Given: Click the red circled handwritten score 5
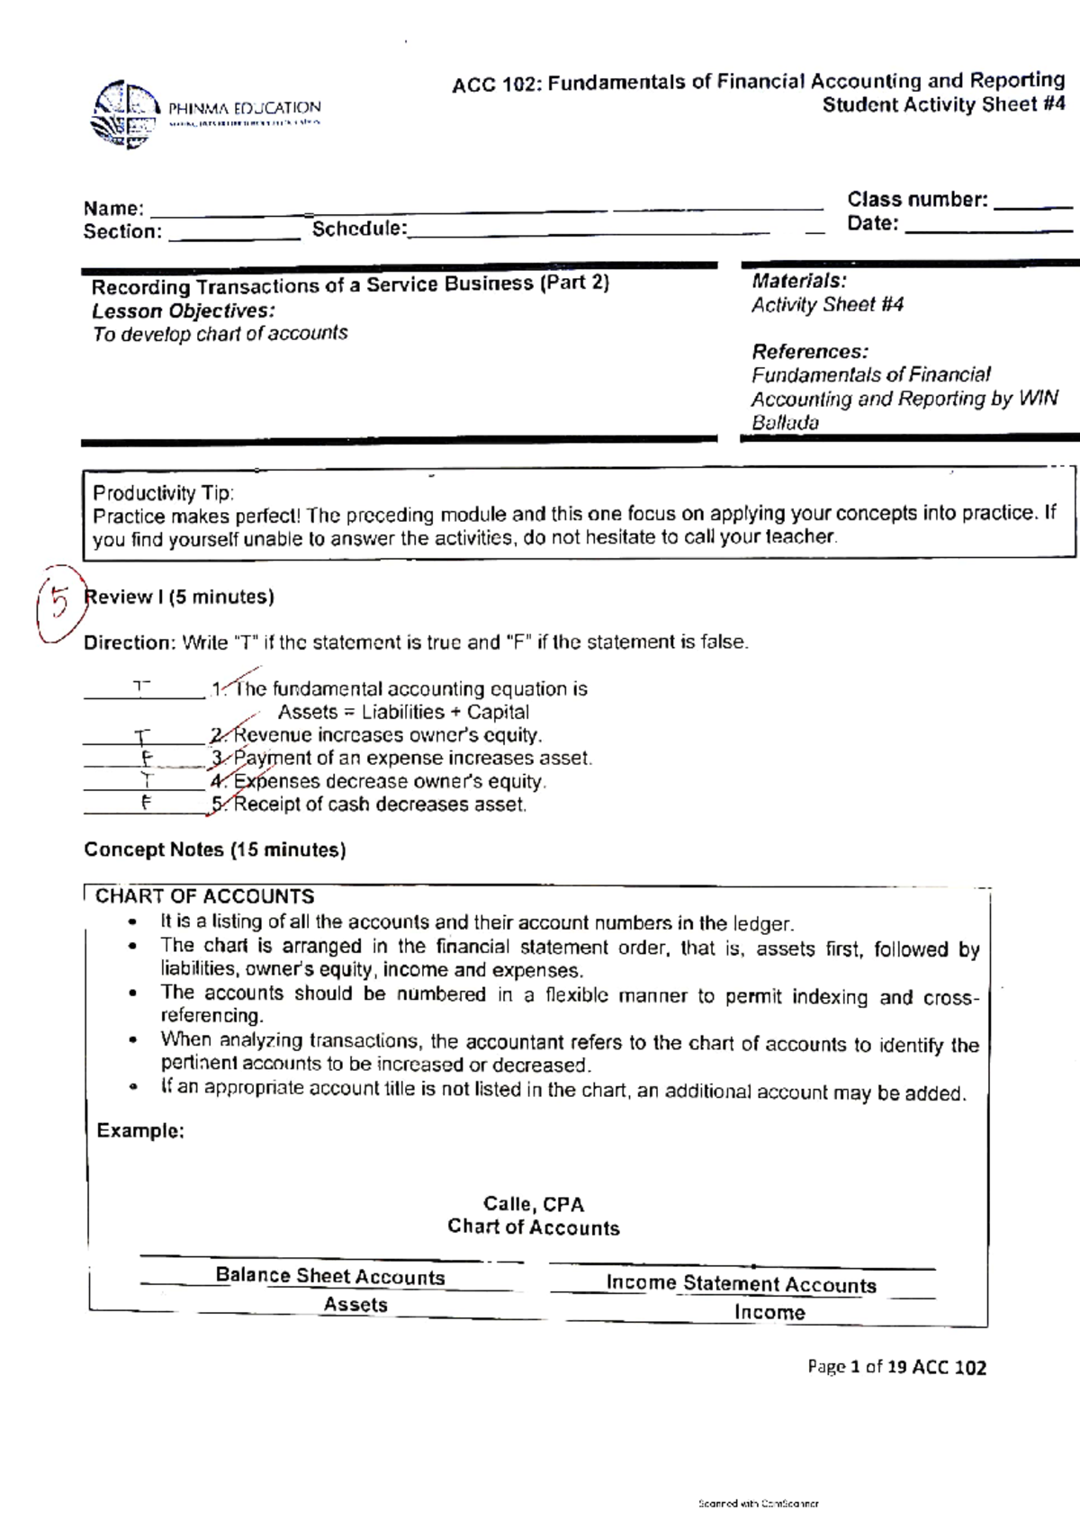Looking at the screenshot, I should pyautogui.click(x=59, y=602).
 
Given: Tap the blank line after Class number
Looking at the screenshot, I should pyautogui.click(x=1035, y=206).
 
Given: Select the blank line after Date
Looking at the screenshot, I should pyautogui.click(x=988, y=230).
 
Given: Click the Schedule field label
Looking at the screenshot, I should pyautogui.click(x=358, y=229).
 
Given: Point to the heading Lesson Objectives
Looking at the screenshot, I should pyautogui.click(x=184, y=311).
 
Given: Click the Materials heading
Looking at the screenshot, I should pyautogui.click(x=798, y=281).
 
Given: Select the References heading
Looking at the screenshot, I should pyautogui.click(x=809, y=351).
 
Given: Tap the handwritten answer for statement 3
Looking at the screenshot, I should pyautogui.click(x=144, y=758).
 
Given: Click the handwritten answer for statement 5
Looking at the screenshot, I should pyautogui.click(x=145, y=804).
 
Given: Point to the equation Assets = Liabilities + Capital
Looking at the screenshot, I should pyautogui.click(x=402, y=712).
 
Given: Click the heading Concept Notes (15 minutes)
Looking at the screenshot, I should pyautogui.click(x=214, y=849).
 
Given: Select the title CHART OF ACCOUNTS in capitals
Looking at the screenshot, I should pyautogui.click(x=204, y=896).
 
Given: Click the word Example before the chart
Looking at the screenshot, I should pyautogui.click(x=139, y=1130).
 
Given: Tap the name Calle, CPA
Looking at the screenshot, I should pyautogui.click(x=533, y=1204).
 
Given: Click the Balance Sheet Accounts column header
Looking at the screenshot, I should pyautogui.click(x=329, y=1276).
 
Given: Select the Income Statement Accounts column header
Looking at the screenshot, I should pyautogui.click(x=740, y=1284).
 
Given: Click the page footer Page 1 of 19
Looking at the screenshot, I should pyautogui.click(x=895, y=1368).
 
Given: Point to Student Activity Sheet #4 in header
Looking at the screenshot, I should pyautogui.click(x=942, y=104).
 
